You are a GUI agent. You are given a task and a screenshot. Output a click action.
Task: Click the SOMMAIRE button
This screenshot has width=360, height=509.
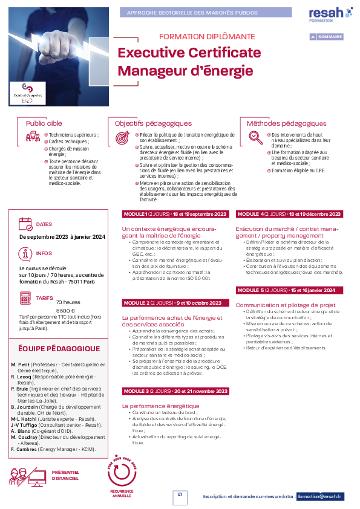tap(326, 37)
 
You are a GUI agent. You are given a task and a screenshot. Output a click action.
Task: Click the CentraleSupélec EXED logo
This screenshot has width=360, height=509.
tap(28, 94)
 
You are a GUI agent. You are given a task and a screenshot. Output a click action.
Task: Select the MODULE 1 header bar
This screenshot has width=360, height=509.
tap(175, 214)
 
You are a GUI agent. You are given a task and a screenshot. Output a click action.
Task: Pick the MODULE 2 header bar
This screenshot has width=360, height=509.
tap(173, 302)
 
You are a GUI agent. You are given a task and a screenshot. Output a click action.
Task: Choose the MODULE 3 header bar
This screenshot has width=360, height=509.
tap(175, 391)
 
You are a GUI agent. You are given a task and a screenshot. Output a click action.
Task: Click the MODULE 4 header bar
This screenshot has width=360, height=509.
tap(289, 214)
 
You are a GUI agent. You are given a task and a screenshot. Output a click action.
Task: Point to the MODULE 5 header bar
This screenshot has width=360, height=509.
tap(289, 290)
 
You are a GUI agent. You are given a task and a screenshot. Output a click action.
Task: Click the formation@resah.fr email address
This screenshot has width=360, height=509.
tap(321, 496)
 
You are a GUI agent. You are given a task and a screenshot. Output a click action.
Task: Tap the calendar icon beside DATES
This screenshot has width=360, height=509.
tap(26, 224)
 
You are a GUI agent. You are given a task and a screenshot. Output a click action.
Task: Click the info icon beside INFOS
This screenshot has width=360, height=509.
tap(25, 253)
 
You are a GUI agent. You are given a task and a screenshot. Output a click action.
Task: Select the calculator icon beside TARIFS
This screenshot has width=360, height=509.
tap(25, 298)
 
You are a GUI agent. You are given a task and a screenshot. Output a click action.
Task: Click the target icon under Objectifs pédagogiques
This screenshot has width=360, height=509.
tap(122, 137)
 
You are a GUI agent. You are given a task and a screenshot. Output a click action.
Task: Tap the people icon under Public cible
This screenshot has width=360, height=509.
tap(33, 137)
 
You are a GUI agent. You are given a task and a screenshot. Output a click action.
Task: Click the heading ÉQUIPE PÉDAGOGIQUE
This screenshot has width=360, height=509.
tap(59, 349)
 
